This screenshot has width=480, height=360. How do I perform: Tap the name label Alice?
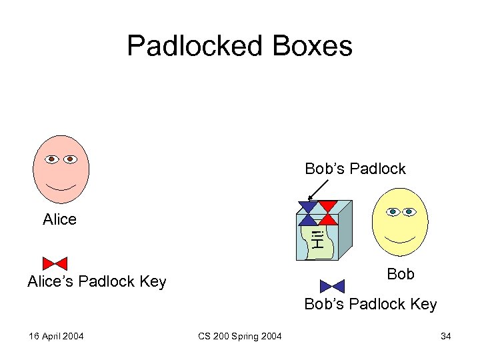(x=59, y=219)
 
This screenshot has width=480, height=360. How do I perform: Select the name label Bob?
(x=401, y=274)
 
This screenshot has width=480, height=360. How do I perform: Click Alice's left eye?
(x=51, y=160)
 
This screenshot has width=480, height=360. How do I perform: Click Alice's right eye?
(x=71, y=160)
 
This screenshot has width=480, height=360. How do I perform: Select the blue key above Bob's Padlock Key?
(x=332, y=286)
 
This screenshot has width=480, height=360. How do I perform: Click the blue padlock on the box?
(x=307, y=212)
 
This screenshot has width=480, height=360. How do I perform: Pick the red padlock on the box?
(x=327, y=212)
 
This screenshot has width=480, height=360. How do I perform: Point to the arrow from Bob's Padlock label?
(x=315, y=191)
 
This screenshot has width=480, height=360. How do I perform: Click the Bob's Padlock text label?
(x=355, y=169)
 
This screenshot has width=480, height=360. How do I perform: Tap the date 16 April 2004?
(x=56, y=336)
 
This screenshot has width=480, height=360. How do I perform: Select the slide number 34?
(x=445, y=336)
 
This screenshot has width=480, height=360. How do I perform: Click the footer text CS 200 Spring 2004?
(x=240, y=336)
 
